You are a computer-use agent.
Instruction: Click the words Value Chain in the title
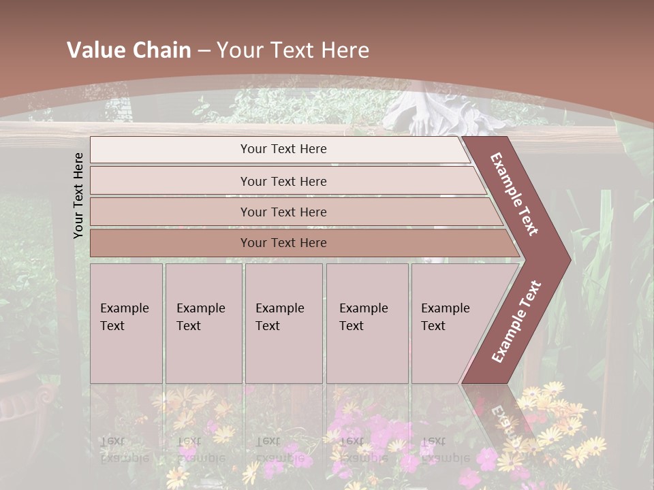129,50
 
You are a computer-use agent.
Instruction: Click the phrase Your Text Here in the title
293,50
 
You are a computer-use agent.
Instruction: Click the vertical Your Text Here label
78,195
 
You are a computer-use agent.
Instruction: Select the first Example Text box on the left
126,323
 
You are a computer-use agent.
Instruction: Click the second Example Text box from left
203,323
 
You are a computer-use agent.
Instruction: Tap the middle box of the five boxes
283,323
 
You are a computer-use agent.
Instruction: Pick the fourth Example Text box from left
367,323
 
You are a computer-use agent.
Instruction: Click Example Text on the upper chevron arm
514,194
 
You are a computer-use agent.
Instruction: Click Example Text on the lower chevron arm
516,322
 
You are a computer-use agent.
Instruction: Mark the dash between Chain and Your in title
204,51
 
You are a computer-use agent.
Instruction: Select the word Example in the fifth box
445,308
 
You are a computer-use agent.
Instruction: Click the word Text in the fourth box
352,326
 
